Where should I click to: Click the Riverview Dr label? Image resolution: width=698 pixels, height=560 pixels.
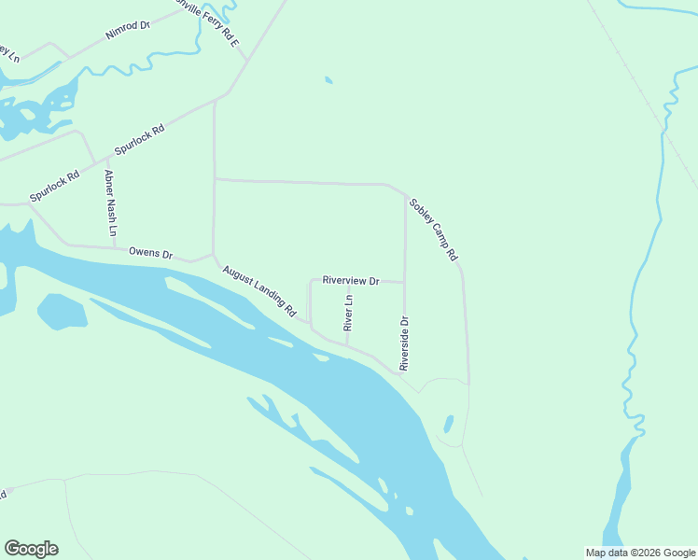point(351,280)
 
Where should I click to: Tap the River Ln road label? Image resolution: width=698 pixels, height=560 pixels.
point(349,314)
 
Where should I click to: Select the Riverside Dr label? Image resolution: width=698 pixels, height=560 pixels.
point(405,344)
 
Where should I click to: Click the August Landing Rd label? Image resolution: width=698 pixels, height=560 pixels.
point(258,289)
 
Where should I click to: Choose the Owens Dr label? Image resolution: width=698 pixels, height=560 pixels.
point(151,253)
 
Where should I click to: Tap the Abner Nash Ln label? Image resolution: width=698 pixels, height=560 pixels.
point(110,203)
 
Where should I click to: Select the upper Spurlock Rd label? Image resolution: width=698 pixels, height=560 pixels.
point(139,140)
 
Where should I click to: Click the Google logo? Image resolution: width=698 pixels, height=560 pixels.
point(31,549)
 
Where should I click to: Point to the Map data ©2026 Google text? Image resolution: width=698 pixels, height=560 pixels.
point(639,553)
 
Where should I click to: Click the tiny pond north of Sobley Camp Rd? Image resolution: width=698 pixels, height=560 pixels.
point(328,80)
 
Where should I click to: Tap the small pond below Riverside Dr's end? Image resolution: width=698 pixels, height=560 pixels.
point(449,425)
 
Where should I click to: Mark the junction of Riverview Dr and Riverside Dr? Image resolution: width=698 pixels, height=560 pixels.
point(404,281)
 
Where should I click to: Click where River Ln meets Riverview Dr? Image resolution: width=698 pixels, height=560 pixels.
point(348,279)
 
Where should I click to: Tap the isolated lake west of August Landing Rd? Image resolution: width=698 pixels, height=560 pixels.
point(62,311)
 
